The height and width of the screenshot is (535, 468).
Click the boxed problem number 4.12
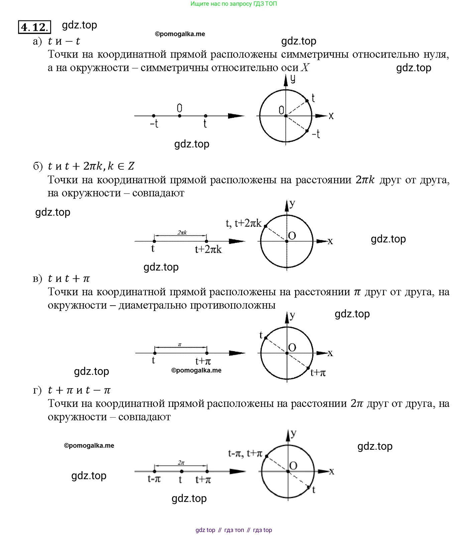pos(34,27)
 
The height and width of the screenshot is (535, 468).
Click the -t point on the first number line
pos(153,116)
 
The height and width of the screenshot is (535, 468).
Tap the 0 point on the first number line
pos(180,116)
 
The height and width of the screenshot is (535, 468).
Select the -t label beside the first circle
pos(316,134)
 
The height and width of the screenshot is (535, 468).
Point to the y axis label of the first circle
pos(293,79)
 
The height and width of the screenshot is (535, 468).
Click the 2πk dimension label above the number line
pos(182,232)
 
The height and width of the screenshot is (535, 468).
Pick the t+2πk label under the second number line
pos(208,249)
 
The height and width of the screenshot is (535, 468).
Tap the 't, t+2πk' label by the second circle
pos(243,223)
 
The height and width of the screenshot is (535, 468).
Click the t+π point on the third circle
pos(308,368)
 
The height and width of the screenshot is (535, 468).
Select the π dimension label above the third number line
pos(180,345)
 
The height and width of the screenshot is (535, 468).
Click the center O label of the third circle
pos(292,347)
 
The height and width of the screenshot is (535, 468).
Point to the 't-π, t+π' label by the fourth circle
pos(245,453)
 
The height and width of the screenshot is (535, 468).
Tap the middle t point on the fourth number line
pos(182,471)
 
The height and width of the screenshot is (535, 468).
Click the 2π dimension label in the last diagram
pos(181,463)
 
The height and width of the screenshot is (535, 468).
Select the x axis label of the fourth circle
pos(331,471)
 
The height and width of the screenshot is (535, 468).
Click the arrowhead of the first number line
pos(237,116)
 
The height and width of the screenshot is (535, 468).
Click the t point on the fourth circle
pos(308,487)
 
